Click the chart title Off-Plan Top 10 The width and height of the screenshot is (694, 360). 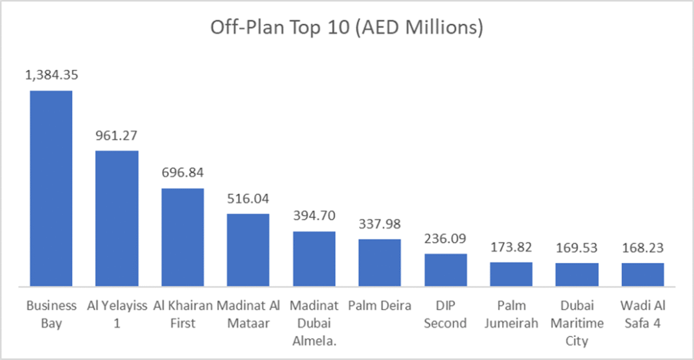pos(346,28)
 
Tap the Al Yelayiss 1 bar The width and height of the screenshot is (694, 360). pos(117,218)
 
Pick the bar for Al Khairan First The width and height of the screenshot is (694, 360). pos(182,237)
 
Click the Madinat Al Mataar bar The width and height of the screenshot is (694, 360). pos(248,249)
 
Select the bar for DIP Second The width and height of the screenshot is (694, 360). pos(445,269)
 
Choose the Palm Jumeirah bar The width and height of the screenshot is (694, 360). pos(511,274)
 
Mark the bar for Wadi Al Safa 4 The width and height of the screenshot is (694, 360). pos(642,274)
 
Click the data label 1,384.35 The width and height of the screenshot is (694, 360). pos(51,75)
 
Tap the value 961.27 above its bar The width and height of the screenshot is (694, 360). pos(117,135)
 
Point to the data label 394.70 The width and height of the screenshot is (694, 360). pos(314,216)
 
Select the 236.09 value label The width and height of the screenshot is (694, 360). pos(445,239)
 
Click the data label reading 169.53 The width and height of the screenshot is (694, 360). pos(577,248)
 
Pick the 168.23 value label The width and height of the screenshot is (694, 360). pos(642,248)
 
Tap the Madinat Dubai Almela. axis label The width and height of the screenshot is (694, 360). pos(314,322)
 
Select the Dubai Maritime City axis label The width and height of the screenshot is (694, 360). pos(577,322)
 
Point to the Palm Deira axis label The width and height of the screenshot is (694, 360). pos(380,306)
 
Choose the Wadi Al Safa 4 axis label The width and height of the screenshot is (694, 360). pos(642,314)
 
